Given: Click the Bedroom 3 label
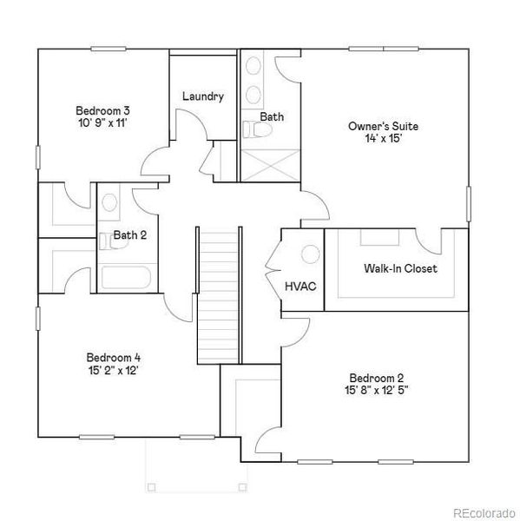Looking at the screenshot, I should (x=102, y=110).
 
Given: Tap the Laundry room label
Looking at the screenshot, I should (x=203, y=96).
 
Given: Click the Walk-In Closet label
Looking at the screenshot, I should (x=400, y=268).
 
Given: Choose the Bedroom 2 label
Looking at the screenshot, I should (x=377, y=378).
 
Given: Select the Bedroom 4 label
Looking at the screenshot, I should (x=113, y=357).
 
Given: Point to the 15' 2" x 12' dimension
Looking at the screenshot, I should (x=113, y=369).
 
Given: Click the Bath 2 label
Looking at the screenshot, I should (x=130, y=234).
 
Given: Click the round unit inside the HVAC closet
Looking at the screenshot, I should (x=310, y=255).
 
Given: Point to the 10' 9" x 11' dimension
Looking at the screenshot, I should (x=102, y=122).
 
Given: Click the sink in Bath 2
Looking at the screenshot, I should (x=109, y=203).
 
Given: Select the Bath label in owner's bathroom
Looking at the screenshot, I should (x=272, y=116).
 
